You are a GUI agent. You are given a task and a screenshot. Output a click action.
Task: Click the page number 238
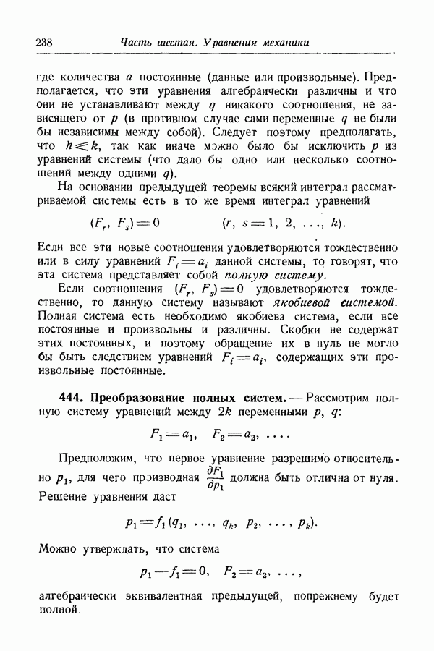pyautogui.click(x=43, y=43)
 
